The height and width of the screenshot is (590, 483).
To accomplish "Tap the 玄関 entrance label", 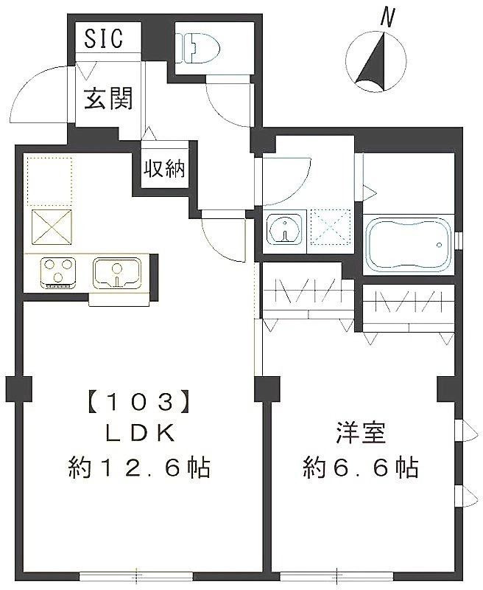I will point(107,99).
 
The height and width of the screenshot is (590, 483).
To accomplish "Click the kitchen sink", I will point(116,272).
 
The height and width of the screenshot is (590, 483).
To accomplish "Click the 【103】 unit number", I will point(140,403).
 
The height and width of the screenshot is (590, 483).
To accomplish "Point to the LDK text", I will point(140,434).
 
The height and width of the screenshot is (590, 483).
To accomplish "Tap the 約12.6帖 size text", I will point(140,467).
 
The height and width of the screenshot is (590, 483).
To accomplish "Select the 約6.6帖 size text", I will point(361,467).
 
